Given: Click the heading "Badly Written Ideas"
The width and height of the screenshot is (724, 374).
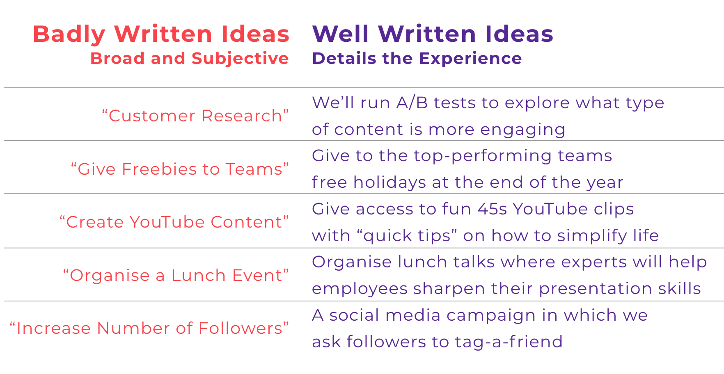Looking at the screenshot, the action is coord(161,34).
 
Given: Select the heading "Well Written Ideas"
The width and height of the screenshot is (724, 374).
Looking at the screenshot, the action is coord(433,34).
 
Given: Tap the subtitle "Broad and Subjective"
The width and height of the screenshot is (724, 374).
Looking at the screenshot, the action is coord(190,58).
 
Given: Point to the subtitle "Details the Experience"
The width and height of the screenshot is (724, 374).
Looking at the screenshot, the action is coord(417,58).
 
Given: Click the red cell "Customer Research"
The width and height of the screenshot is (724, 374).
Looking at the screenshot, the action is coord(195,116).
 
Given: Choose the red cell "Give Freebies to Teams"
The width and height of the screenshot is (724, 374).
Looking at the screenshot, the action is coord(180,169).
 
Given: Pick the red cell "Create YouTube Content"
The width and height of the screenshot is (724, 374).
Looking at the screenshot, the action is coord(174,222).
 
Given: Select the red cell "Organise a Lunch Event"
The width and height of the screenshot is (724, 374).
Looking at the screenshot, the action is coord(176,275).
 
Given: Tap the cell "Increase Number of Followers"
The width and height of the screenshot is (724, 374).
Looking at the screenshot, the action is coord(149,328).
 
